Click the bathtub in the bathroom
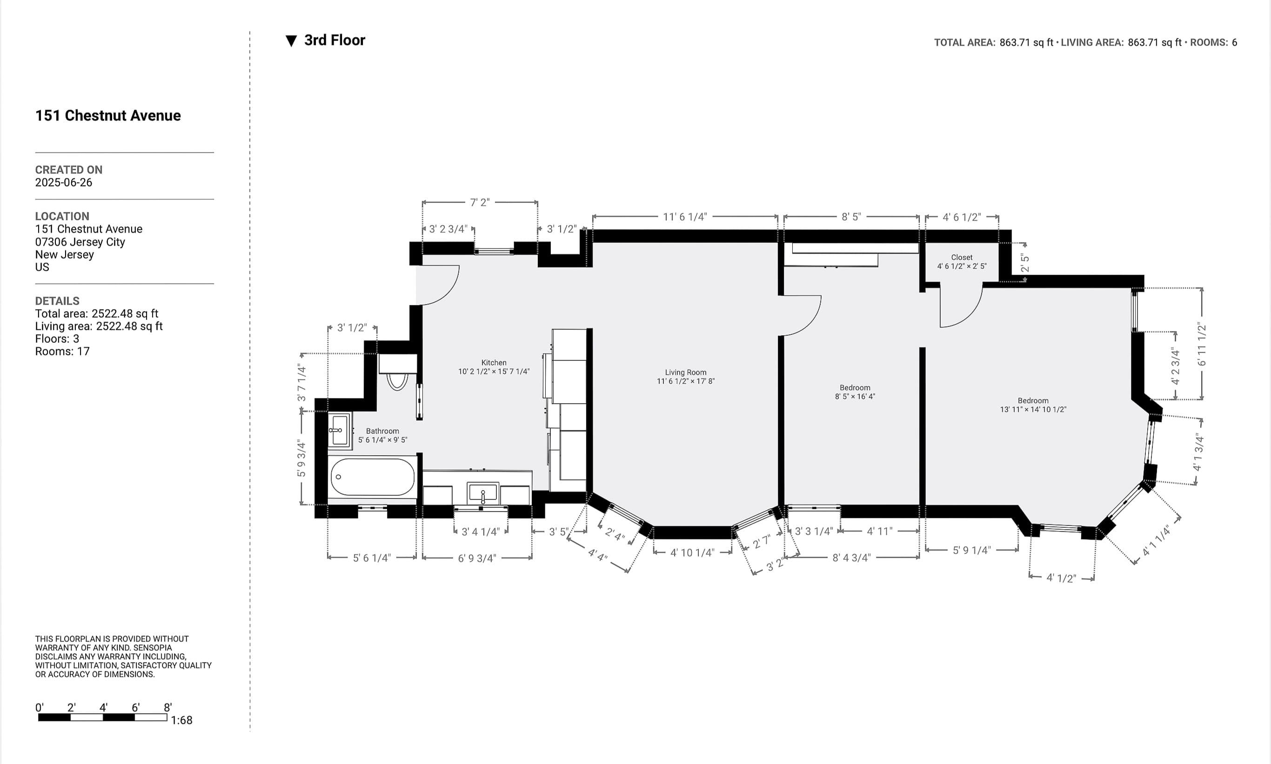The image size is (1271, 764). click(x=372, y=477)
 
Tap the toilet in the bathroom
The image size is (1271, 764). click(x=397, y=380)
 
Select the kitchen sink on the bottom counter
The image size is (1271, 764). click(x=482, y=493)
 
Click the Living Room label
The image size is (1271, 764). click(x=685, y=372)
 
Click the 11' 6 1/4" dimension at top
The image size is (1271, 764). click(x=684, y=217)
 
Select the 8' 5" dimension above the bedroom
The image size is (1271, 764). click(x=851, y=217)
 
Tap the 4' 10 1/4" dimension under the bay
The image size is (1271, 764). click(x=692, y=552)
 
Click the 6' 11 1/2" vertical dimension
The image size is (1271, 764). click(x=1202, y=344)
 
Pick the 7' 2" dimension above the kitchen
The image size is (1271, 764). click(x=480, y=202)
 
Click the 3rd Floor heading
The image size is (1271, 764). click(x=334, y=40)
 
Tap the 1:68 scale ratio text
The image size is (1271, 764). click(x=181, y=720)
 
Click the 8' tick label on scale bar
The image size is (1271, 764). click(x=167, y=707)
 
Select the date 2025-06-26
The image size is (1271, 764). click(x=63, y=182)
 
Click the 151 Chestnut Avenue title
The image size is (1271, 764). click(x=107, y=115)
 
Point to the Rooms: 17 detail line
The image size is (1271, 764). click(x=62, y=351)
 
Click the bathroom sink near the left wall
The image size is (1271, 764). click(x=338, y=430)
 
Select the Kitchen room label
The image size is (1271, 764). click(x=493, y=362)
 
